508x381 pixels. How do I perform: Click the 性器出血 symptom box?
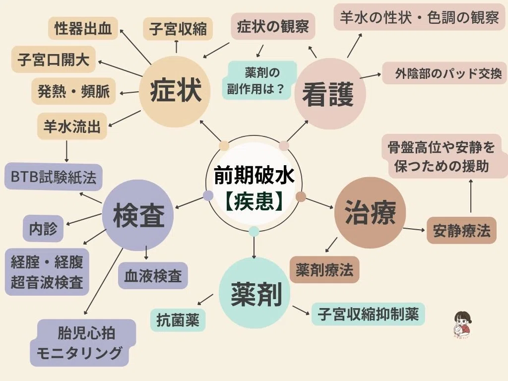tap(83, 28)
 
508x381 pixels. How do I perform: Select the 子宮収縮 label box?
tap(178, 29)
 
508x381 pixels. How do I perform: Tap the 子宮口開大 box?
tap(54, 60)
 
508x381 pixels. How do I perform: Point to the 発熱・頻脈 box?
tap(73, 91)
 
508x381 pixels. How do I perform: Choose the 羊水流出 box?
tap(72, 126)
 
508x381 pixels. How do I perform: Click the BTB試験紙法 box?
tap(54, 177)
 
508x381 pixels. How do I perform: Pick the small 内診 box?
tap(43, 228)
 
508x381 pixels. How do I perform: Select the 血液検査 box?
tap(153, 276)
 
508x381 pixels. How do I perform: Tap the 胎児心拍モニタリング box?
tap(83, 343)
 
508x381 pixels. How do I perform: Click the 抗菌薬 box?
tap(178, 320)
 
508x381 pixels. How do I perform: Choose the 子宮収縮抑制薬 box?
tap(368, 314)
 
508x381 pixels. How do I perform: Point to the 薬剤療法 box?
tap(324, 269)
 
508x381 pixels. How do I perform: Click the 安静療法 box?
tap(462, 230)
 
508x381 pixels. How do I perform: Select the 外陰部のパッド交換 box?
tap(444, 73)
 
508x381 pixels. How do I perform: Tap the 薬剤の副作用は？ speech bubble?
tap(259, 80)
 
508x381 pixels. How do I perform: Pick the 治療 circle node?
tap(370, 212)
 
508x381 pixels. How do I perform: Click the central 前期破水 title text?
tap(254, 175)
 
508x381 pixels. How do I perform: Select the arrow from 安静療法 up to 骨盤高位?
tap(471, 196)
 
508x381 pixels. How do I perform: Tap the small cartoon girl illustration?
tap(463, 326)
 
